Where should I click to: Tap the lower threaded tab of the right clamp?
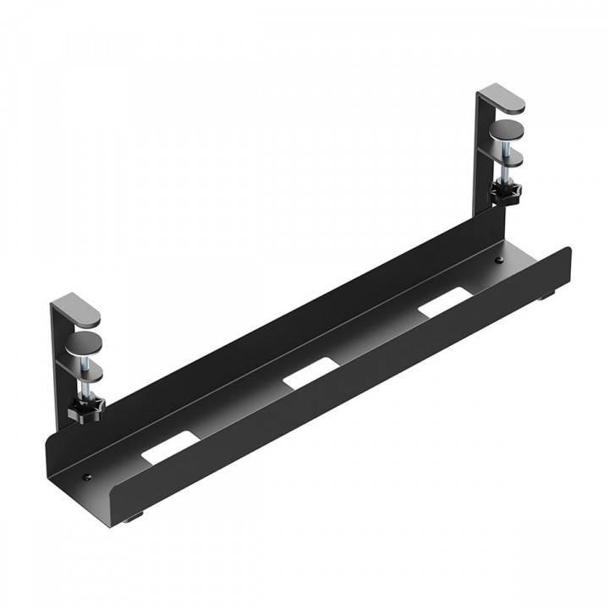point(506,156)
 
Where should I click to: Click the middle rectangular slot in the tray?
point(310,374)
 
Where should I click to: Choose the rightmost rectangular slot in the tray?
point(445,302)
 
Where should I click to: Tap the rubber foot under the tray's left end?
point(135,518)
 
